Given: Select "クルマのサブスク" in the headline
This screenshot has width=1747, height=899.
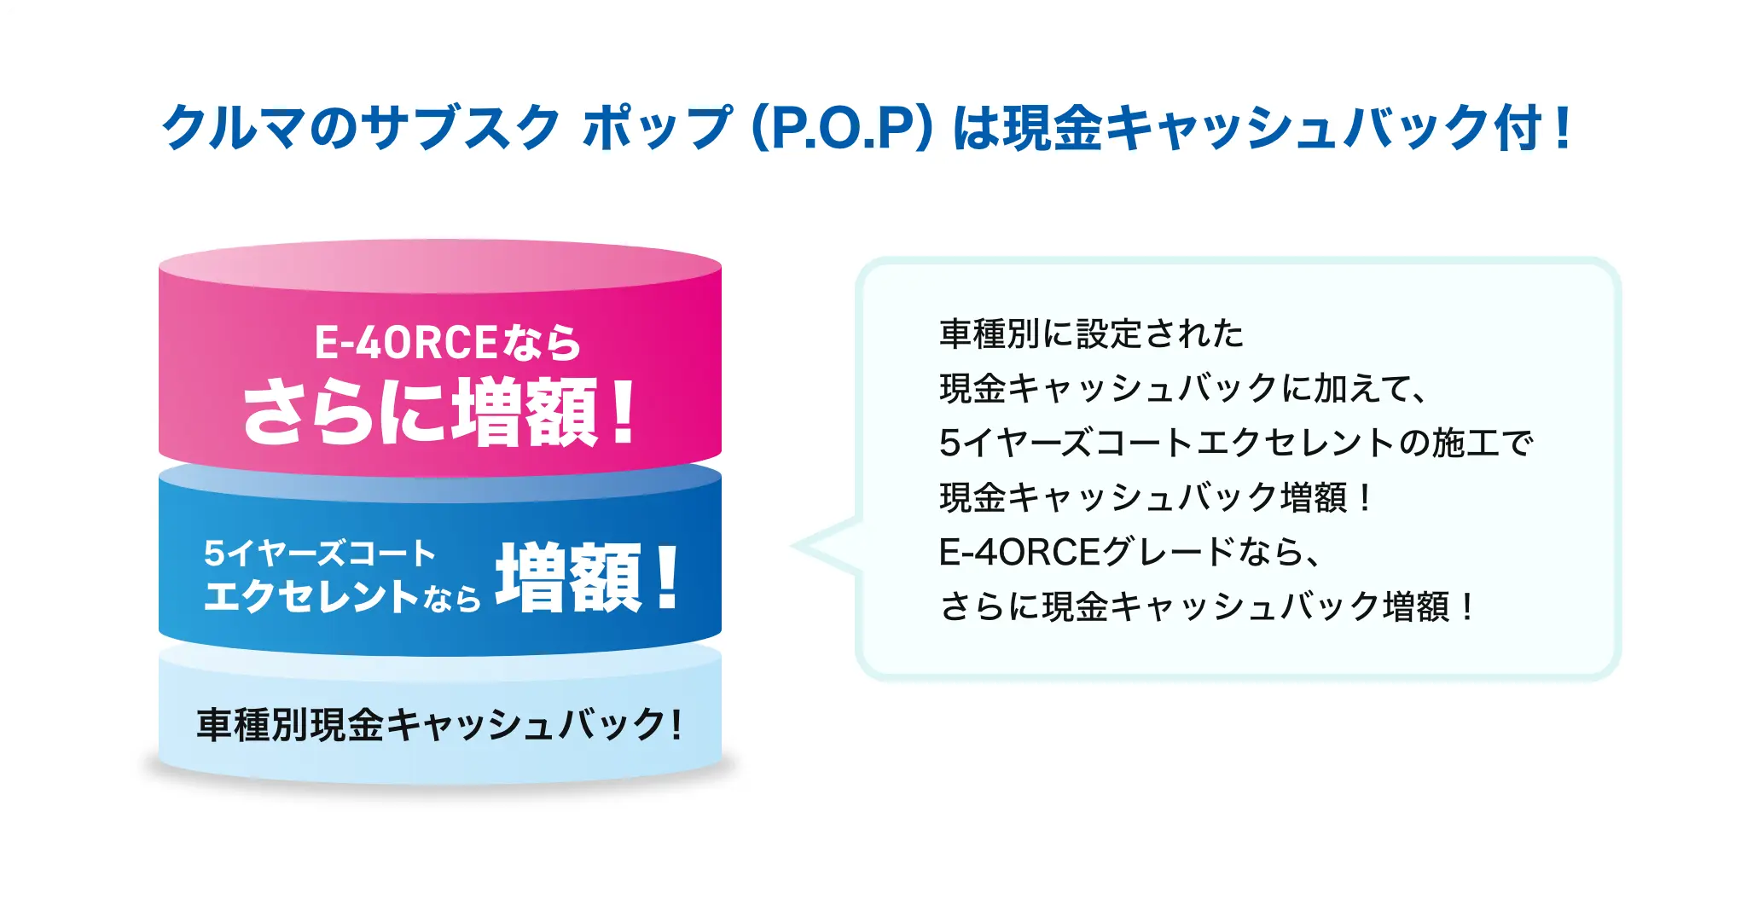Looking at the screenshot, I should click(x=360, y=128).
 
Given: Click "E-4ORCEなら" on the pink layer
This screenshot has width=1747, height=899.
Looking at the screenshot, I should click(x=448, y=343).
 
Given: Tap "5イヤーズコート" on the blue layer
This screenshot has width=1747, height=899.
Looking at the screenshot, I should click(x=320, y=554).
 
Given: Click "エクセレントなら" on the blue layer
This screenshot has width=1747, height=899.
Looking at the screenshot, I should click(x=341, y=596).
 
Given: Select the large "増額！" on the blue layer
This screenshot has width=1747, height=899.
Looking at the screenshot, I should click(x=589, y=577).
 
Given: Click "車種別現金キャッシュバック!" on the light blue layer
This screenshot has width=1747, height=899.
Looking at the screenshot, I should click(x=439, y=725).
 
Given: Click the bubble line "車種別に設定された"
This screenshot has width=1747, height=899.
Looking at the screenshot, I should click(x=1092, y=333).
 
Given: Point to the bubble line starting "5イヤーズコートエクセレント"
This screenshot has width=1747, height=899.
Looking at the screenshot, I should click(x=1235, y=443).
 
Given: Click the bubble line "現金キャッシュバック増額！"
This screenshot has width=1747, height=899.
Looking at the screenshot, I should click(x=1157, y=497).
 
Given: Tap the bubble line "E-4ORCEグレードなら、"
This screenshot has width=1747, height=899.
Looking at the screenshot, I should click(x=1129, y=552).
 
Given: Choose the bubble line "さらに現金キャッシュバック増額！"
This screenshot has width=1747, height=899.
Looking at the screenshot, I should click(x=1208, y=606).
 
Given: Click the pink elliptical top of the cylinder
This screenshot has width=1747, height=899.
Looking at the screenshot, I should click(x=439, y=265).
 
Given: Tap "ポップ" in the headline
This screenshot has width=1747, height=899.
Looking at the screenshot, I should click(x=657, y=128).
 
